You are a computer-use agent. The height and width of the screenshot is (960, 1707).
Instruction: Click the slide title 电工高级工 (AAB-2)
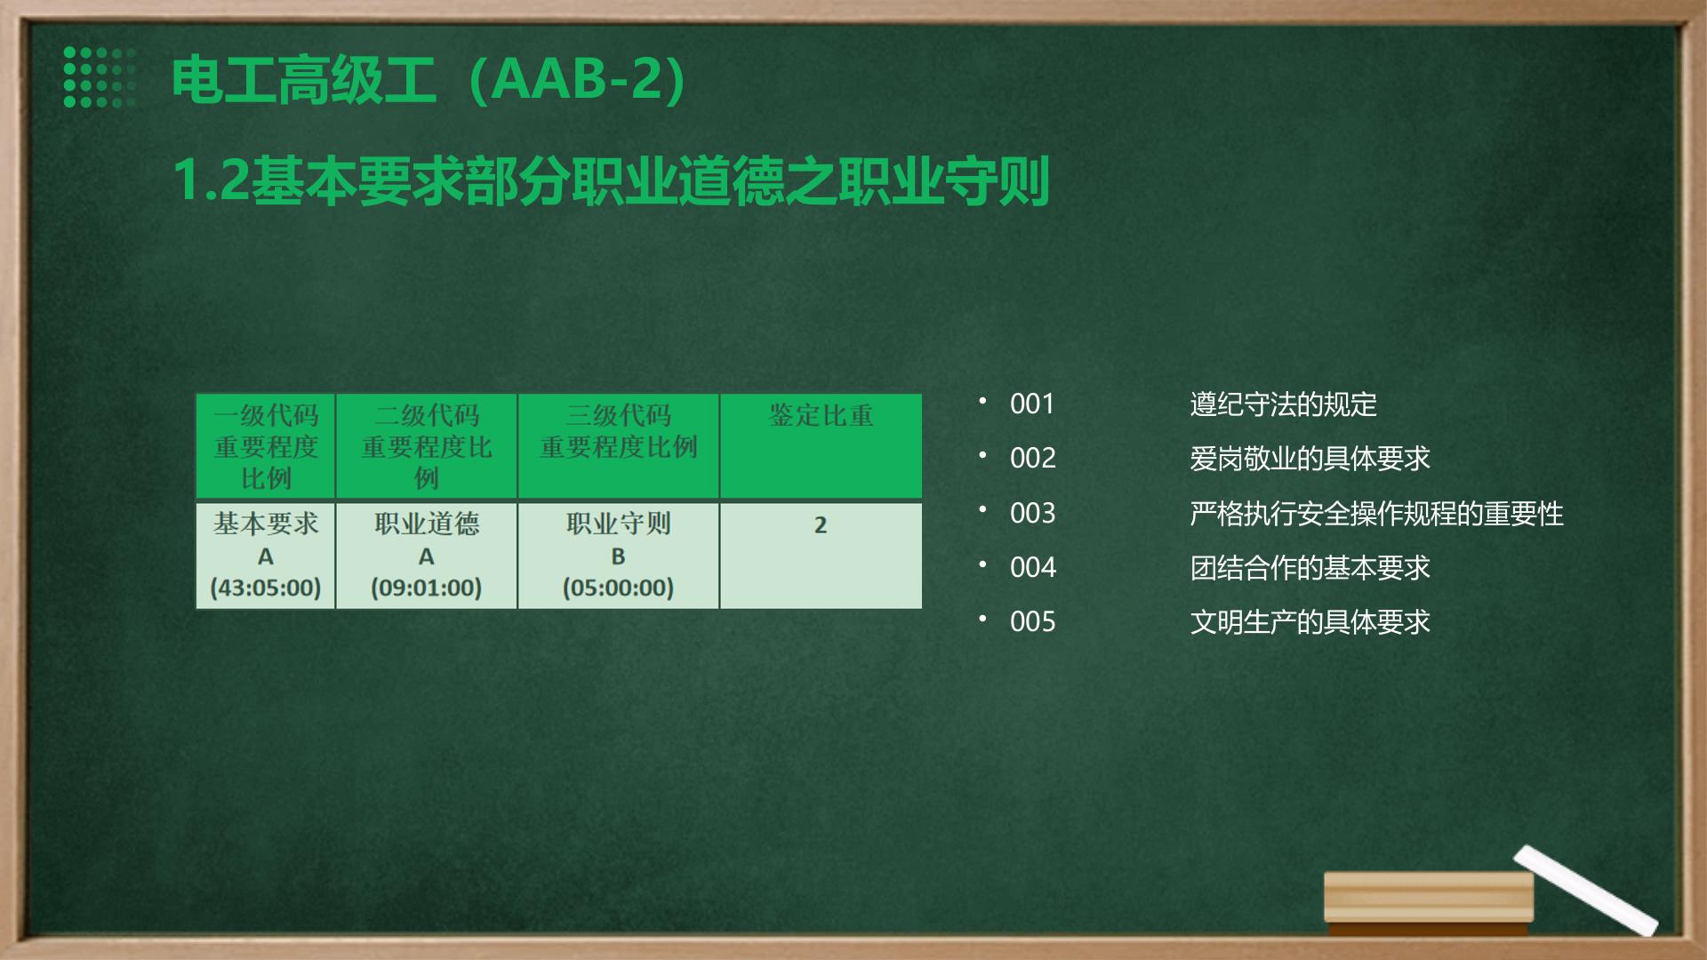pos(429,79)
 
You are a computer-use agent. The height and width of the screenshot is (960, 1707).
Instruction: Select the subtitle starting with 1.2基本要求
pos(612,180)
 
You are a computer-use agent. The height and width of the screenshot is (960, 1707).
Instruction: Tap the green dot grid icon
pos(100,77)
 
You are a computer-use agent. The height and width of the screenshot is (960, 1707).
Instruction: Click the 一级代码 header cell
pos(266,446)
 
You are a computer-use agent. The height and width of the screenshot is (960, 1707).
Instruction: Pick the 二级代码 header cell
pos(427,446)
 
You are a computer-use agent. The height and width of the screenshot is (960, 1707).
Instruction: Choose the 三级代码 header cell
pos(618,446)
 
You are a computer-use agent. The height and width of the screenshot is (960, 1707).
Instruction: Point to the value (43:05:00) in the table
pos(266,588)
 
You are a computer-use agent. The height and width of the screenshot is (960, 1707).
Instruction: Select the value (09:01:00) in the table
pos(427,588)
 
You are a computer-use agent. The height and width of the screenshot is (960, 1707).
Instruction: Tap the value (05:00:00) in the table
pos(618,588)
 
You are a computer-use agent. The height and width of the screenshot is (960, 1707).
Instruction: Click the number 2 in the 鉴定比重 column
pos(821,525)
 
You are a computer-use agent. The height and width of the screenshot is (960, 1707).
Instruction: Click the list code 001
pos(1032,404)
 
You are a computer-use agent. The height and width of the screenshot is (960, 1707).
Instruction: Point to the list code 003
pos(1032,514)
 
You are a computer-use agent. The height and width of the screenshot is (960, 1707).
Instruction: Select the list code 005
pos(1032,622)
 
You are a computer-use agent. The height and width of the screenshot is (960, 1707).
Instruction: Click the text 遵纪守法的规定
pos(1283,404)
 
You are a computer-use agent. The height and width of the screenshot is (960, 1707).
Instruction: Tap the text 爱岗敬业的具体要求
pos(1310,459)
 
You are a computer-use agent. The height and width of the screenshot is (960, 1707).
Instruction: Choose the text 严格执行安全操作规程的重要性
pos(1376,514)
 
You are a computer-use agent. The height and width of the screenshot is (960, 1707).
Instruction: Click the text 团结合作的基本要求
pos(1310,568)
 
